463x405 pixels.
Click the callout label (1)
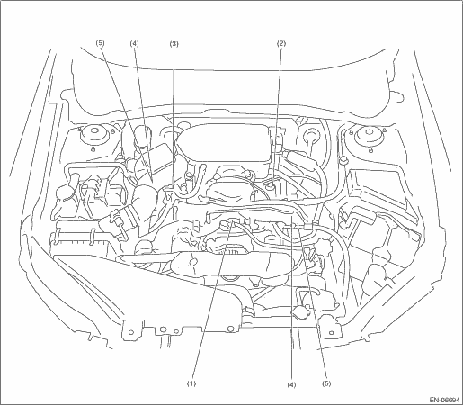[x=191, y=383]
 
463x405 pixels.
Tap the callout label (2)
[x=281, y=43]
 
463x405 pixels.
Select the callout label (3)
[x=174, y=44]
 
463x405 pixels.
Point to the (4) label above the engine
[x=134, y=43]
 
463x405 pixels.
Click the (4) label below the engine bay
[x=291, y=384]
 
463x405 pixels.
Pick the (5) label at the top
[x=100, y=43]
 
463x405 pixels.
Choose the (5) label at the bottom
[x=326, y=383]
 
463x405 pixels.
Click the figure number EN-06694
[x=444, y=400]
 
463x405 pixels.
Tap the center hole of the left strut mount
[x=94, y=131]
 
